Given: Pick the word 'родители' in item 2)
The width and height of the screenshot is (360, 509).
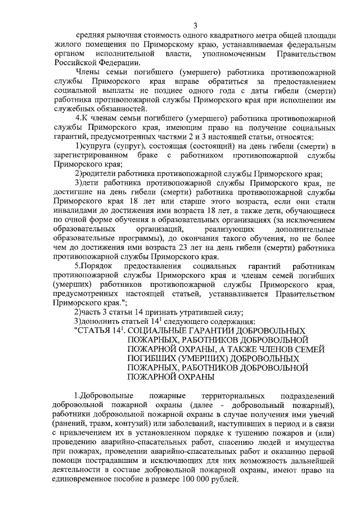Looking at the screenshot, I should (99, 175).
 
